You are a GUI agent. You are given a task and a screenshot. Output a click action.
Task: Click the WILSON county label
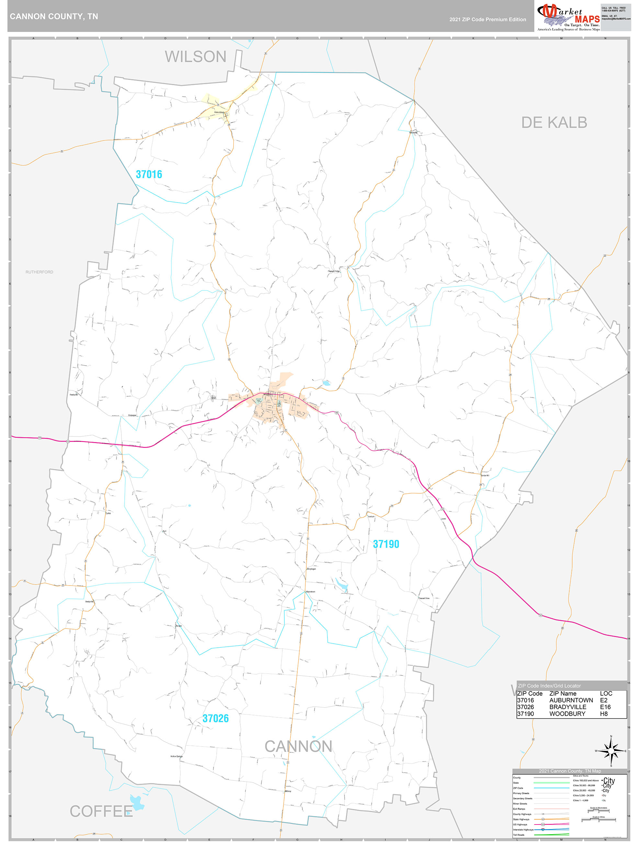[195, 57]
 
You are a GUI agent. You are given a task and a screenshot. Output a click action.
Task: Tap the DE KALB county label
[554, 122]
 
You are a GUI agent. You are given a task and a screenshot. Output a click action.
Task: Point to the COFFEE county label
[101, 811]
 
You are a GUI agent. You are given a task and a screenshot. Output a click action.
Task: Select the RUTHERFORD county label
[39, 272]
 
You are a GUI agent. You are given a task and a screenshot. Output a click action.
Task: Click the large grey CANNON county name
[298, 746]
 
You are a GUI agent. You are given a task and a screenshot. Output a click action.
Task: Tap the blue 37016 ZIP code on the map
[149, 174]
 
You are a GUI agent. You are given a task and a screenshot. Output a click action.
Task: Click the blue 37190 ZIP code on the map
[386, 544]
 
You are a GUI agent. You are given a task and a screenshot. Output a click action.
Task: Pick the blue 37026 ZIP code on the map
[215, 718]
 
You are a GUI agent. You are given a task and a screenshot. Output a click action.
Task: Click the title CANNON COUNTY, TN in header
[54, 17]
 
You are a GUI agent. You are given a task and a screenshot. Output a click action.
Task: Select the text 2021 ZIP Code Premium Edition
[487, 19]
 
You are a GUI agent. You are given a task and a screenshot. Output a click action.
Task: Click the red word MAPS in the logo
[587, 19]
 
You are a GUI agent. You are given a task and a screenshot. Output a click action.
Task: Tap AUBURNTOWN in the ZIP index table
[571, 700]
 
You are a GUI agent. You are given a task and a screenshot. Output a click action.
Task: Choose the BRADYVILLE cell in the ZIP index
[568, 707]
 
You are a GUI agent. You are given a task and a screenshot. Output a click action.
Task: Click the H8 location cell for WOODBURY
[604, 714]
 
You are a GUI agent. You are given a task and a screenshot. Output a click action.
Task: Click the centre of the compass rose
[611, 751]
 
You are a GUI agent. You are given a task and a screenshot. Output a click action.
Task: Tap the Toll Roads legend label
[518, 835]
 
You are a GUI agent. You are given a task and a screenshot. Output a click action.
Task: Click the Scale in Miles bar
[598, 820]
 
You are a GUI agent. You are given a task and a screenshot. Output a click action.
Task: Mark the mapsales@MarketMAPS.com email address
[616, 19]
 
